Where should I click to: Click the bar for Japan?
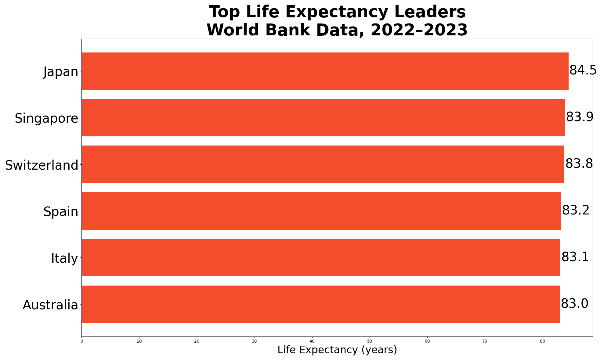coord(325,71)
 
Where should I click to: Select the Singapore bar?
coord(323,117)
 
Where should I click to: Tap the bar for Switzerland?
coord(323,164)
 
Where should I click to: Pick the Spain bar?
coord(321,211)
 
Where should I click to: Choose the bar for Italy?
coord(321,257)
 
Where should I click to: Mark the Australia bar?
coord(321,304)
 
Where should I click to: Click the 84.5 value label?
coord(583,71)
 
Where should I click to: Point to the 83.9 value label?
coord(580,117)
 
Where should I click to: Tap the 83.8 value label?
coord(579,164)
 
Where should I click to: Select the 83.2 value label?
coord(576,211)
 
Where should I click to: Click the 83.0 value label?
coord(574,304)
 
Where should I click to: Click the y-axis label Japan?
coord(61,72)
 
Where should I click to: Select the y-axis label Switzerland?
coord(42,165)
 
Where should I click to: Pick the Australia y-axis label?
coord(50,305)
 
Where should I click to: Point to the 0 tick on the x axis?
coord(82,341)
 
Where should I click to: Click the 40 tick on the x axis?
coord(312,341)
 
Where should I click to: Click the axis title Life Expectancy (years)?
coord(337,350)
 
